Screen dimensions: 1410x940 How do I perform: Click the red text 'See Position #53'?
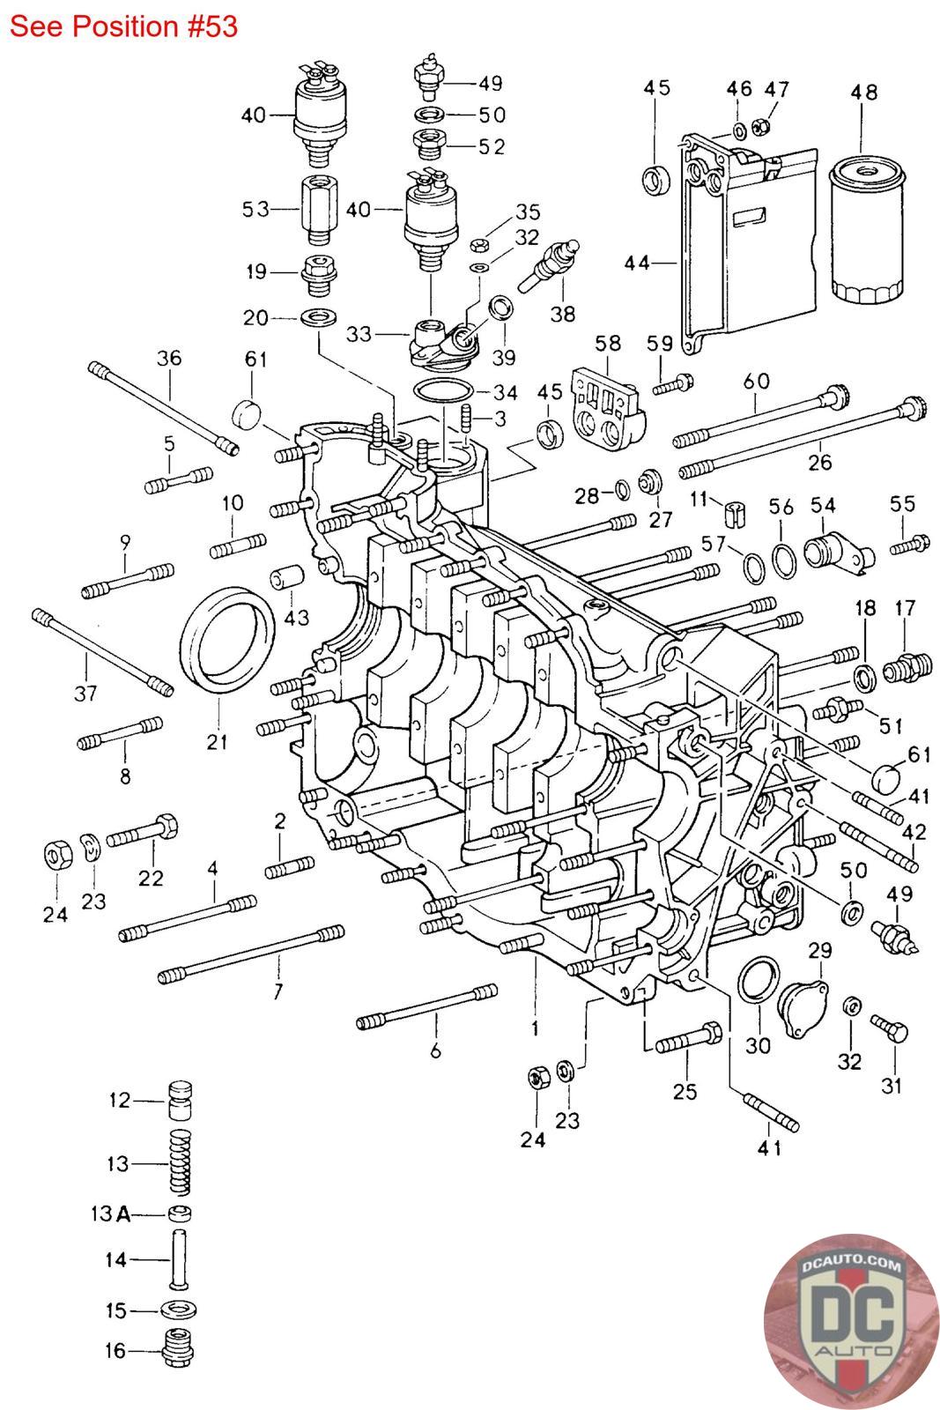[x=123, y=26]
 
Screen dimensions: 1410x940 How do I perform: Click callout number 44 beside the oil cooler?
[x=636, y=262]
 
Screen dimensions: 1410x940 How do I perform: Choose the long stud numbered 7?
[x=251, y=954]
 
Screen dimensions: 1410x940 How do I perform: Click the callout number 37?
[x=85, y=694]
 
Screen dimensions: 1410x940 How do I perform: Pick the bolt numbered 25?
[x=688, y=1038]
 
